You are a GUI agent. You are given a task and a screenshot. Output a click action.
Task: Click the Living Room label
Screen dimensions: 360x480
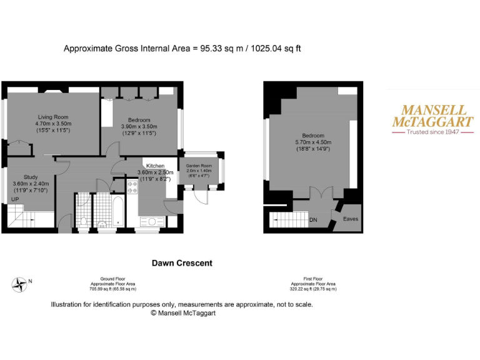[x=53, y=117]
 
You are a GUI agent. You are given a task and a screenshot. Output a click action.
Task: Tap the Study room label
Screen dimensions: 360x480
[x=31, y=177]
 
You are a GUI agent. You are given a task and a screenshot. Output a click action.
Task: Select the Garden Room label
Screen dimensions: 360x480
[x=199, y=165]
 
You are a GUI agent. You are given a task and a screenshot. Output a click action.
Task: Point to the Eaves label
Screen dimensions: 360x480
[x=351, y=219]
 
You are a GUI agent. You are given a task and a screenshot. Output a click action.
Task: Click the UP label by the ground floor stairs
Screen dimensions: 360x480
[x=14, y=199]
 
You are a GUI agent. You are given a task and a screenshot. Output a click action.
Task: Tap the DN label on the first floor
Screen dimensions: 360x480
[x=314, y=219]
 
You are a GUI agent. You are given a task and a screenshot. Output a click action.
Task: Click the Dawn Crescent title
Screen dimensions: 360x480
[x=182, y=263]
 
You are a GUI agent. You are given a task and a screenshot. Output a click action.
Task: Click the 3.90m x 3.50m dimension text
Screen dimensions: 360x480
[x=139, y=126]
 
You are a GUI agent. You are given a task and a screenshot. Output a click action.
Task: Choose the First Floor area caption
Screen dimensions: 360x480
[x=312, y=284]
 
